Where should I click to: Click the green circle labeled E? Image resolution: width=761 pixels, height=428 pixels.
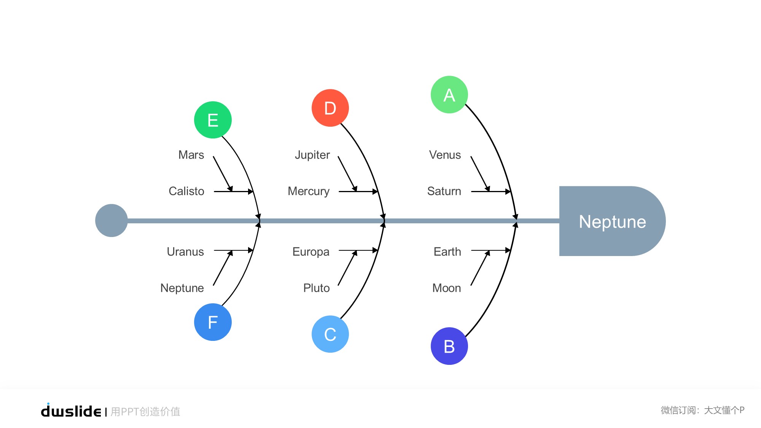(213, 120)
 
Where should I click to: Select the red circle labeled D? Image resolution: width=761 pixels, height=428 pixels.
(330, 108)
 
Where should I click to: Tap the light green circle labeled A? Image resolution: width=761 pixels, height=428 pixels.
(449, 95)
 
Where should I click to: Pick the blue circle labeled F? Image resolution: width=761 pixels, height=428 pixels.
(213, 322)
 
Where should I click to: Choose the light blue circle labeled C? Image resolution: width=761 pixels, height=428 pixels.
(330, 334)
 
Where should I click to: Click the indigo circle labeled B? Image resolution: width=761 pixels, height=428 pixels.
(449, 346)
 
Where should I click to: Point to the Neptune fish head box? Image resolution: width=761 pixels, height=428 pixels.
(612, 221)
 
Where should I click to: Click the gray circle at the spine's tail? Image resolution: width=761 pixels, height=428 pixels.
(111, 221)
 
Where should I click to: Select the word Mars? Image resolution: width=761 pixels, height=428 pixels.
(191, 155)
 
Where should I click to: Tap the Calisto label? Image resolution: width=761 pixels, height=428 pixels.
(186, 191)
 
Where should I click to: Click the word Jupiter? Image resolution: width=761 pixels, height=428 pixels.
(312, 155)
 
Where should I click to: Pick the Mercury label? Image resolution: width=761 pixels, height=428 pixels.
(309, 191)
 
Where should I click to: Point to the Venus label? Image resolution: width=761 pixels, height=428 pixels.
(445, 155)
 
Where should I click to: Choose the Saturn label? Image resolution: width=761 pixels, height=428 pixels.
(444, 191)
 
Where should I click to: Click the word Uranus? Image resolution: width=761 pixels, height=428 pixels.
(185, 251)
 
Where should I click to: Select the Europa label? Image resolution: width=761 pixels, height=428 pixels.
(311, 251)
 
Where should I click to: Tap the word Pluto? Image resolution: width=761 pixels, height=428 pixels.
(316, 288)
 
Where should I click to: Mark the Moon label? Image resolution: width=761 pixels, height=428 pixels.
(446, 288)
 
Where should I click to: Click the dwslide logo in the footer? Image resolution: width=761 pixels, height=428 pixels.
(71, 411)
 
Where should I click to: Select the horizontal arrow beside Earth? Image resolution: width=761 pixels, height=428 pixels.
(490, 250)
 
